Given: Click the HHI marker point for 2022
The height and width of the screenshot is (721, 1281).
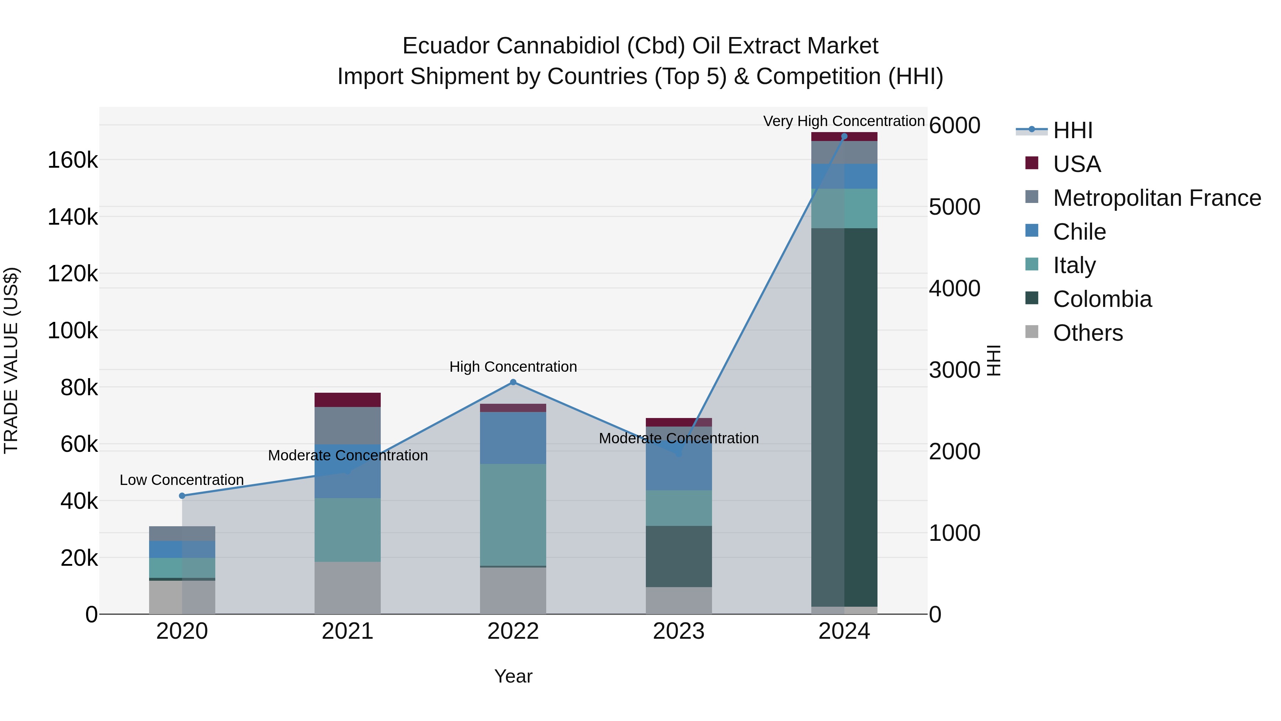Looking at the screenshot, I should pos(513,382).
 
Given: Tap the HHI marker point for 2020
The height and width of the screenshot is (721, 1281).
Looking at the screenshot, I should pos(182,496).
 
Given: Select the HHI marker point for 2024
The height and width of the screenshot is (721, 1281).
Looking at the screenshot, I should pos(844,136).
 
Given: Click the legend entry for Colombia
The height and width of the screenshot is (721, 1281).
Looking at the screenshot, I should pos(1102,299).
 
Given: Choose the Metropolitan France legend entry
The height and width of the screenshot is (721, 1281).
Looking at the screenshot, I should pos(1157,198).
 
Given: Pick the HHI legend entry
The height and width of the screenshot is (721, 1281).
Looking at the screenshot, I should pos(1072,130).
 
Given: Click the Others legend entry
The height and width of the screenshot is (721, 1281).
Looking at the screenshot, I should pos(1087,333).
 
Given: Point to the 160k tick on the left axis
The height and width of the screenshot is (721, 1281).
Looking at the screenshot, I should pos(73,160).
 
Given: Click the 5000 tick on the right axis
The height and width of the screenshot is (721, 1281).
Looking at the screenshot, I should pos(954,207).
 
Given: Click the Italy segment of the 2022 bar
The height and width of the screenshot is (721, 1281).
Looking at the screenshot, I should pos(513,514).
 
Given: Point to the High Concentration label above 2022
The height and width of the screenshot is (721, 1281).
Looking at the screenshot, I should pos(513,367).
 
